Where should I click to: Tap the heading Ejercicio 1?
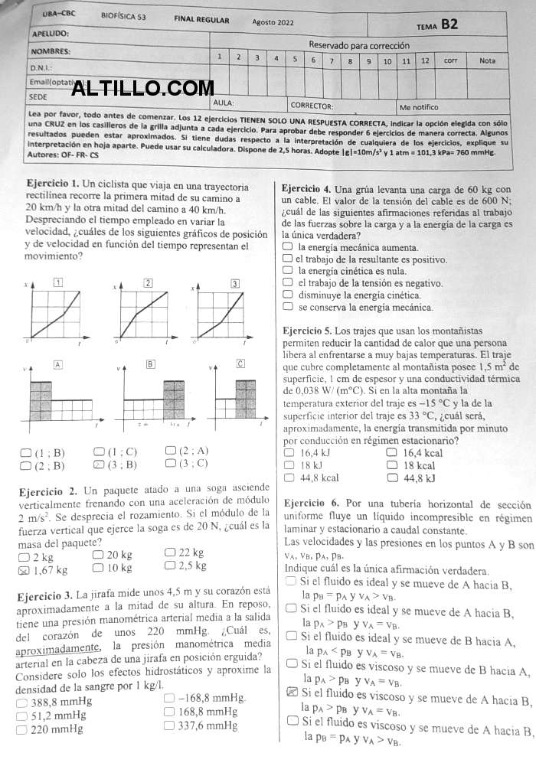click(x=52, y=184)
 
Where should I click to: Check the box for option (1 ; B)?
click(x=26, y=452)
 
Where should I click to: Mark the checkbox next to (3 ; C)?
click(x=170, y=462)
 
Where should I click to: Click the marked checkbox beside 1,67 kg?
click(x=23, y=569)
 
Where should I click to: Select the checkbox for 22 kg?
click(x=170, y=552)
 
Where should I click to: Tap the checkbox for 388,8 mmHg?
click(x=22, y=702)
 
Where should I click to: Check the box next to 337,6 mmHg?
click(x=168, y=725)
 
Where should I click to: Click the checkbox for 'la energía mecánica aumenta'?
click(x=288, y=247)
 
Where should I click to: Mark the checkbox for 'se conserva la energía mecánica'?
click(x=288, y=307)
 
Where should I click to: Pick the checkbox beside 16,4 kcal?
click(x=393, y=452)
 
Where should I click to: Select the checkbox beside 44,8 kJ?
click(x=393, y=478)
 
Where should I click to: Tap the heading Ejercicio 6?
click(x=311, y=504)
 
